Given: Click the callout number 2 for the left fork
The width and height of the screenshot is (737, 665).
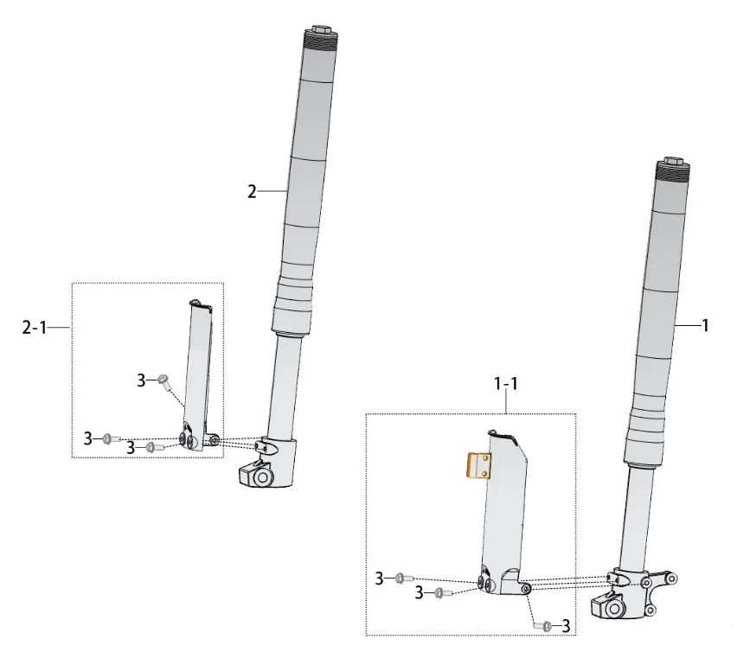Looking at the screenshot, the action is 253,192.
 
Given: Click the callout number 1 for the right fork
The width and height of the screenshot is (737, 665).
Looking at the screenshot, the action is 705,325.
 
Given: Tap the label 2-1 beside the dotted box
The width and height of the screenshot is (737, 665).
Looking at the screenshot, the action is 35,327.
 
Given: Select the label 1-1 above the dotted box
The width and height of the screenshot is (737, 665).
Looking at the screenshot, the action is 506,384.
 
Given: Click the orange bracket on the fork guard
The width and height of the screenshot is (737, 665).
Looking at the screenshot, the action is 478,465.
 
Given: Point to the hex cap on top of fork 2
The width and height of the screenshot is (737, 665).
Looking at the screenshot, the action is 322,29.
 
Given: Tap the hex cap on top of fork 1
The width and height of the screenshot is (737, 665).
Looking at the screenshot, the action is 674,161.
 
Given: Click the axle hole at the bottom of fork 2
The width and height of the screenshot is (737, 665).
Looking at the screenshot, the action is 262,478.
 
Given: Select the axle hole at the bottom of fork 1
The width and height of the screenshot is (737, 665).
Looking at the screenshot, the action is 614,610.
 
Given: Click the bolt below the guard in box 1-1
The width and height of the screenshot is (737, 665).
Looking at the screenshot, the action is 543,625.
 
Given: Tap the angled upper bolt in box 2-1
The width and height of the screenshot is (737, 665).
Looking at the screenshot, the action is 165,381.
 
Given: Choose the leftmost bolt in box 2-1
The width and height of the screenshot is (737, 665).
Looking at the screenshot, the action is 112,439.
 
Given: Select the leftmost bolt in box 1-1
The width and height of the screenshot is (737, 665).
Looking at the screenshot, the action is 404,578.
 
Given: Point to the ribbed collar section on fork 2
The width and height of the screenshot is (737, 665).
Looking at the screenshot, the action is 293,304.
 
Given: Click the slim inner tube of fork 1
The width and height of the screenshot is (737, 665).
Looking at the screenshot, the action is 636,518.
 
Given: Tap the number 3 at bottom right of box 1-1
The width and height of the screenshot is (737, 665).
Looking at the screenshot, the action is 566,626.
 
